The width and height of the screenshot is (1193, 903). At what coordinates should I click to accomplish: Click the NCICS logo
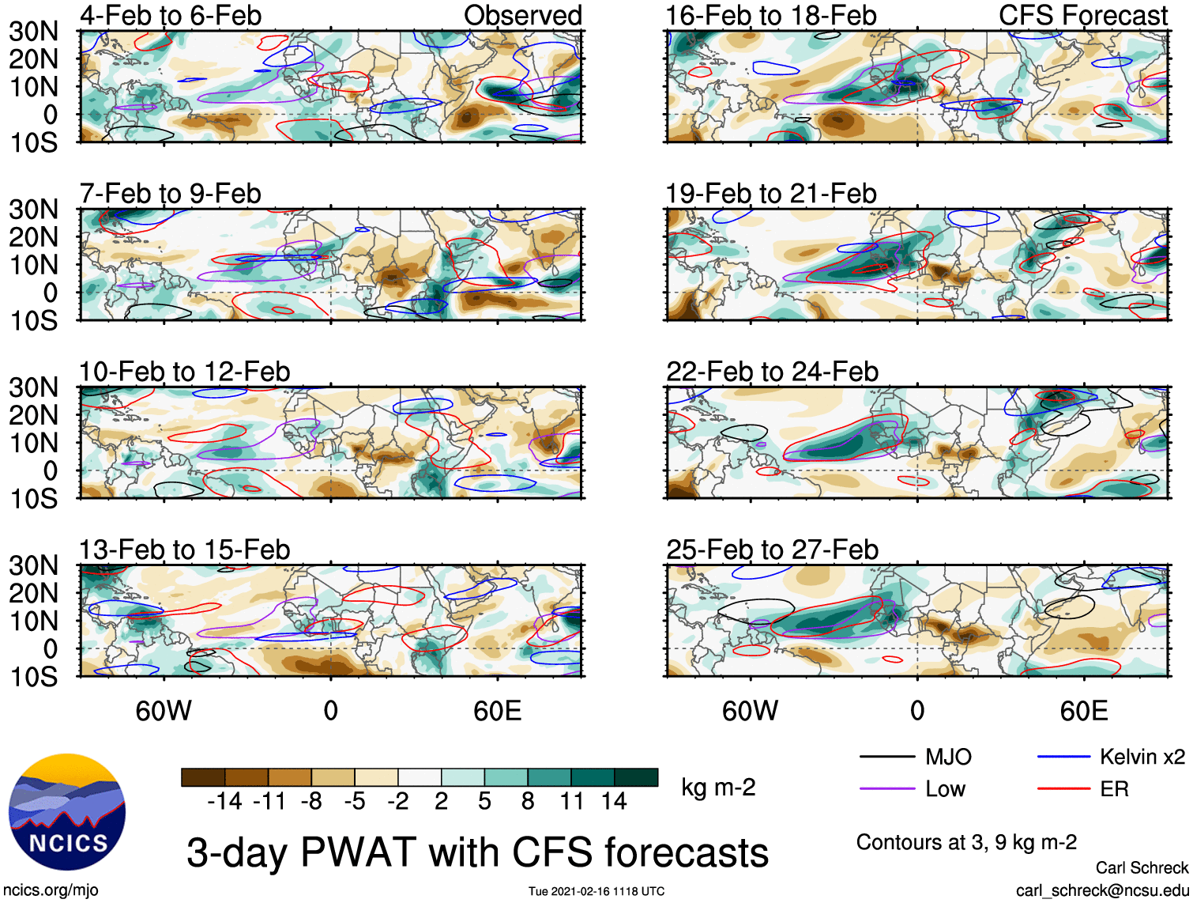coord(67,811)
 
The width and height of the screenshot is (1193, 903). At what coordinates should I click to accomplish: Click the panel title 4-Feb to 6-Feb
coord(171,15)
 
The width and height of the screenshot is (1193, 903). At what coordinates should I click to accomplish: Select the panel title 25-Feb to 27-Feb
coord(773,550)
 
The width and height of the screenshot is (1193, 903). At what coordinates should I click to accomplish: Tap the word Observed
coord(523,15)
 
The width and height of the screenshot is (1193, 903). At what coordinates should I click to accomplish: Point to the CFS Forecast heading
coord(1083,15)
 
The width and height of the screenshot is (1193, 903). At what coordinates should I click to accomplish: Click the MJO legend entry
coord(915,757)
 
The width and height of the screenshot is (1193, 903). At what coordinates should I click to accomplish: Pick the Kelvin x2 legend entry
coord(1111,757)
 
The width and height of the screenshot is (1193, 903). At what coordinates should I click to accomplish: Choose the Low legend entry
coord(913,789)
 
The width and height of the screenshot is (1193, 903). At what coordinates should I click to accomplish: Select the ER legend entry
coord(1082,789)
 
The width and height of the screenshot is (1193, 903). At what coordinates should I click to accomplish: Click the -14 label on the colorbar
coord(224,801)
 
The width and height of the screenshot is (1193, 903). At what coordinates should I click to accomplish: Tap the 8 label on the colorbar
coord(528,801)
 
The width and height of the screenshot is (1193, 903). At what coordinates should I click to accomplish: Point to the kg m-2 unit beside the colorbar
coord(718,787)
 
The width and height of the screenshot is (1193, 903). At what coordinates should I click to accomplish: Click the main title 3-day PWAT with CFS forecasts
coord(478,852)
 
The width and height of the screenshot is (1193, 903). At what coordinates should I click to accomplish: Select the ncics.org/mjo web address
coord(51,890)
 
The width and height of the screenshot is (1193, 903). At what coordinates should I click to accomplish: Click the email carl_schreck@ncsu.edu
coord(1102,890)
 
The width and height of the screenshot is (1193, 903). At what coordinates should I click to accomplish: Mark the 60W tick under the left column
coord(163,711)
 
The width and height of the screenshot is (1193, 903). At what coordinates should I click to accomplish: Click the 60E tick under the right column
coord(1084,711)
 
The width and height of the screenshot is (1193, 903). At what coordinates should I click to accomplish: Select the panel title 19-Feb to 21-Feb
coord(771,194)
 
